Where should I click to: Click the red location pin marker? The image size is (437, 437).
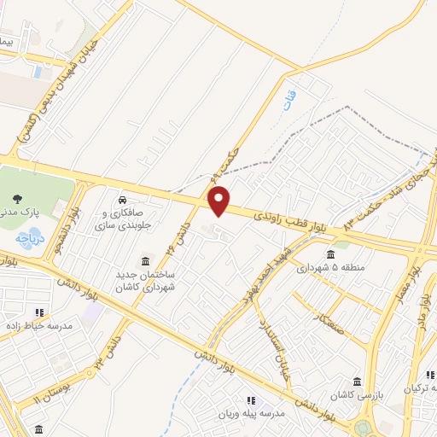(219, 201)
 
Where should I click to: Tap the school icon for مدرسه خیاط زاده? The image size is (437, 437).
(39, 312)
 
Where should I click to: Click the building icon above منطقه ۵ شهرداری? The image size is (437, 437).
(330, 253)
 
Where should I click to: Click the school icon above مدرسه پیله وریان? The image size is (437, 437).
(251, 399)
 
